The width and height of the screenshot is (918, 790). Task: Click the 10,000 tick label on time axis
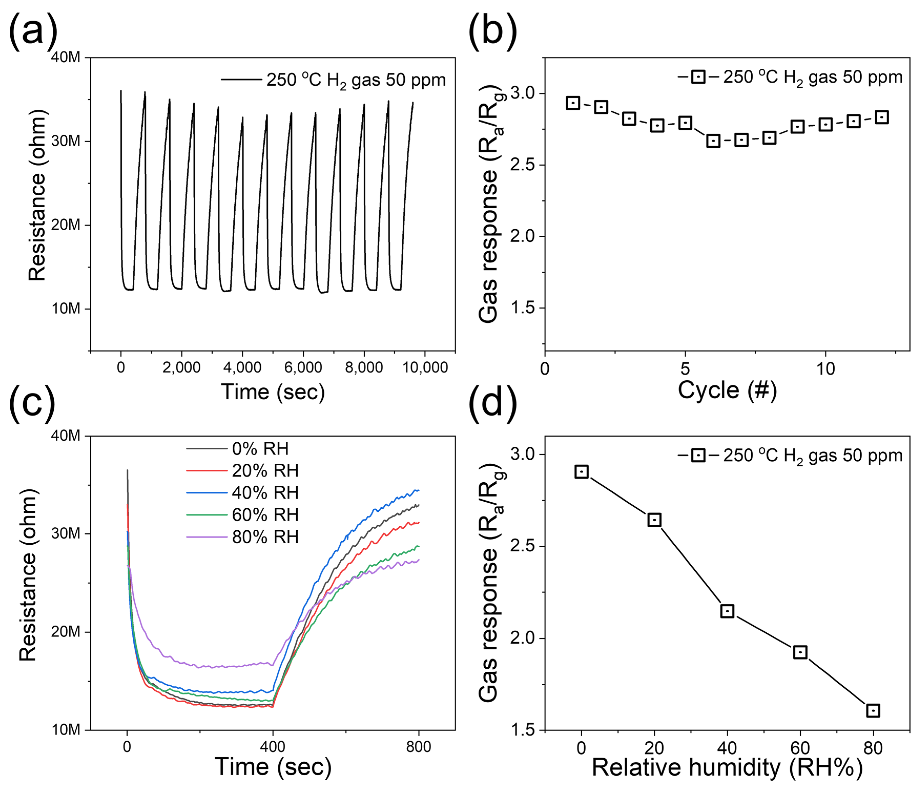[x=425, y=368]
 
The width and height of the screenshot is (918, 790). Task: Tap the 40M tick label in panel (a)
[x=66, y=58]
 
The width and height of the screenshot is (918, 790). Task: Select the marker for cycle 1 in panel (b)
[x=573, y=103]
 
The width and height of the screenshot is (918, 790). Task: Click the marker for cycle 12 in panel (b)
[x=882, y=117]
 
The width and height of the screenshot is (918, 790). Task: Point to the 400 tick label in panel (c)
[x=273, y=747]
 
